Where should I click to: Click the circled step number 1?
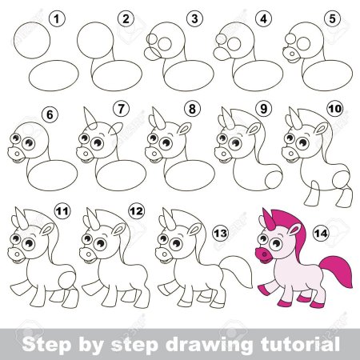click(x=57, y=19)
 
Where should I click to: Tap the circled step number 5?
click(x=332, y=19)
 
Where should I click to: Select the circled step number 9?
click(x=263, y=109)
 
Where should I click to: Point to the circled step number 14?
click(x=321, y=234)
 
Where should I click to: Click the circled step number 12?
click(x=136, y=211)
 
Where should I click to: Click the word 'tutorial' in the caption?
click(x=301, y=344)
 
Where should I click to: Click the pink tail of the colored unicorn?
click(x=336, y=270)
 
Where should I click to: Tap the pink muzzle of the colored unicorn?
click(x=264, y=255)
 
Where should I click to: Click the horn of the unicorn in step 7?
click(x=90, y=118)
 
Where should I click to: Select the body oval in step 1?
click(x=54, y=75)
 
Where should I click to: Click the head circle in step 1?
click(x=32, y=40)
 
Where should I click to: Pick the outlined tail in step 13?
click(x=236, y=271)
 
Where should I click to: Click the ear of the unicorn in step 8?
click(x=185, y=129)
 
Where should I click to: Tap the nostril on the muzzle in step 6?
click(x=17, y=154)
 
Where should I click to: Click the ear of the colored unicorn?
click(x=294, y=229)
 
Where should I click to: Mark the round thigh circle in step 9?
click(x=274, y=179)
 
